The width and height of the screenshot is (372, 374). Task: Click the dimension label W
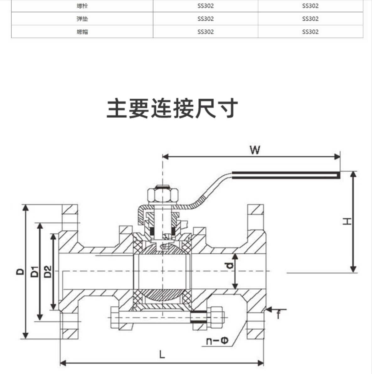tap(255, 150)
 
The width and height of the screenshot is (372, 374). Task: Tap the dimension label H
tap(347, 221)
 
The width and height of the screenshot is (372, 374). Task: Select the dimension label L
tap(162, 354)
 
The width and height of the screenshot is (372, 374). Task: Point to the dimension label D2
tap(48, 272)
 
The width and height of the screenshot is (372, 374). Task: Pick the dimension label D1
tap(34, 272)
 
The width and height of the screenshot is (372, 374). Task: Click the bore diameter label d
tap(230, 266)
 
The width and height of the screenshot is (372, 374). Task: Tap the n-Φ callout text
tap(217, 340)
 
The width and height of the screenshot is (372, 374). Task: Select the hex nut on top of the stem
tap(163, 195)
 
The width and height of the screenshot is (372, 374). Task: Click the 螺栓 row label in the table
tap(82, 6)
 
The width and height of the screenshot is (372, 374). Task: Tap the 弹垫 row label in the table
tap(82, 19)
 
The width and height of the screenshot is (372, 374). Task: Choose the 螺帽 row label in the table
tap(82, 32)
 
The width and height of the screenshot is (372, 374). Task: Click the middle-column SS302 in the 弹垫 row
tap(206, 19)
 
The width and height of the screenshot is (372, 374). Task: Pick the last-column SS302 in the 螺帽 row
tap(310, 32)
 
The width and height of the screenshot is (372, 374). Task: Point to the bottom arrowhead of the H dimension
tap(353, 269)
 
